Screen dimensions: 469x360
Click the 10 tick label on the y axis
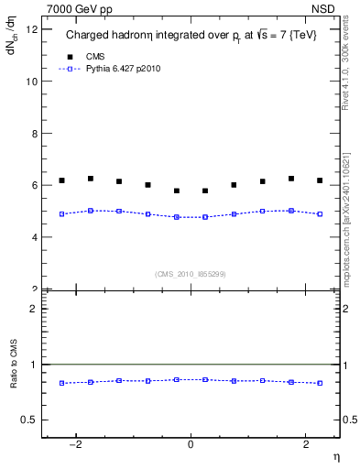pos(32,82)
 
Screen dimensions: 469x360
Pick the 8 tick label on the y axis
pos(35,134)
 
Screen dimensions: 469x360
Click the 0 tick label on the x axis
pos(191,445)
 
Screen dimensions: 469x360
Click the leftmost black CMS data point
pos(61,180)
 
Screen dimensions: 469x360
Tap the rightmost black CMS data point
pos(320,180)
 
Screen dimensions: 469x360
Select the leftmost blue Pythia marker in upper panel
pos(61,213)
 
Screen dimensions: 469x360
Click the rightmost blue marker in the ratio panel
pos(320,383)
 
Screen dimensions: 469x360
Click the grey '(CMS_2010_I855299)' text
pos(190,273)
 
